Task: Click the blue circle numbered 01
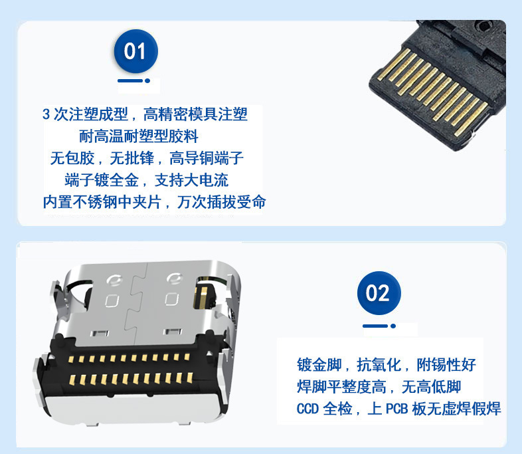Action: (136, 51)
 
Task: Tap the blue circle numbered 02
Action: (379, 292)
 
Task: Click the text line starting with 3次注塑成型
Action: (145, 114)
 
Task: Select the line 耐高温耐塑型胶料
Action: (139, 136)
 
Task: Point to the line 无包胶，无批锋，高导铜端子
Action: (147, 158)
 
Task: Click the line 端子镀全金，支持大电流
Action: (147, 180)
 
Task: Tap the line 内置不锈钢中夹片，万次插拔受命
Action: (155, 202)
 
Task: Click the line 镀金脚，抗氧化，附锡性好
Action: (387, 365)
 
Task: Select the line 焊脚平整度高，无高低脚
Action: (379, 387)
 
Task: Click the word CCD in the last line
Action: (307, 409)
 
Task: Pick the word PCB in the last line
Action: (397, 409)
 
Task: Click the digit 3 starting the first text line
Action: (46, 114)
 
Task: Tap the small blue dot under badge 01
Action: (147, 80)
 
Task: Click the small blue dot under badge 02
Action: (393, 326)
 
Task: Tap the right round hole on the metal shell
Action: (174, 279)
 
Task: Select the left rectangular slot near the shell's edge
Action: (100, 333)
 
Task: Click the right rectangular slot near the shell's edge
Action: (173, 331)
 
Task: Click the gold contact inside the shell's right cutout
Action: (203, 295)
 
